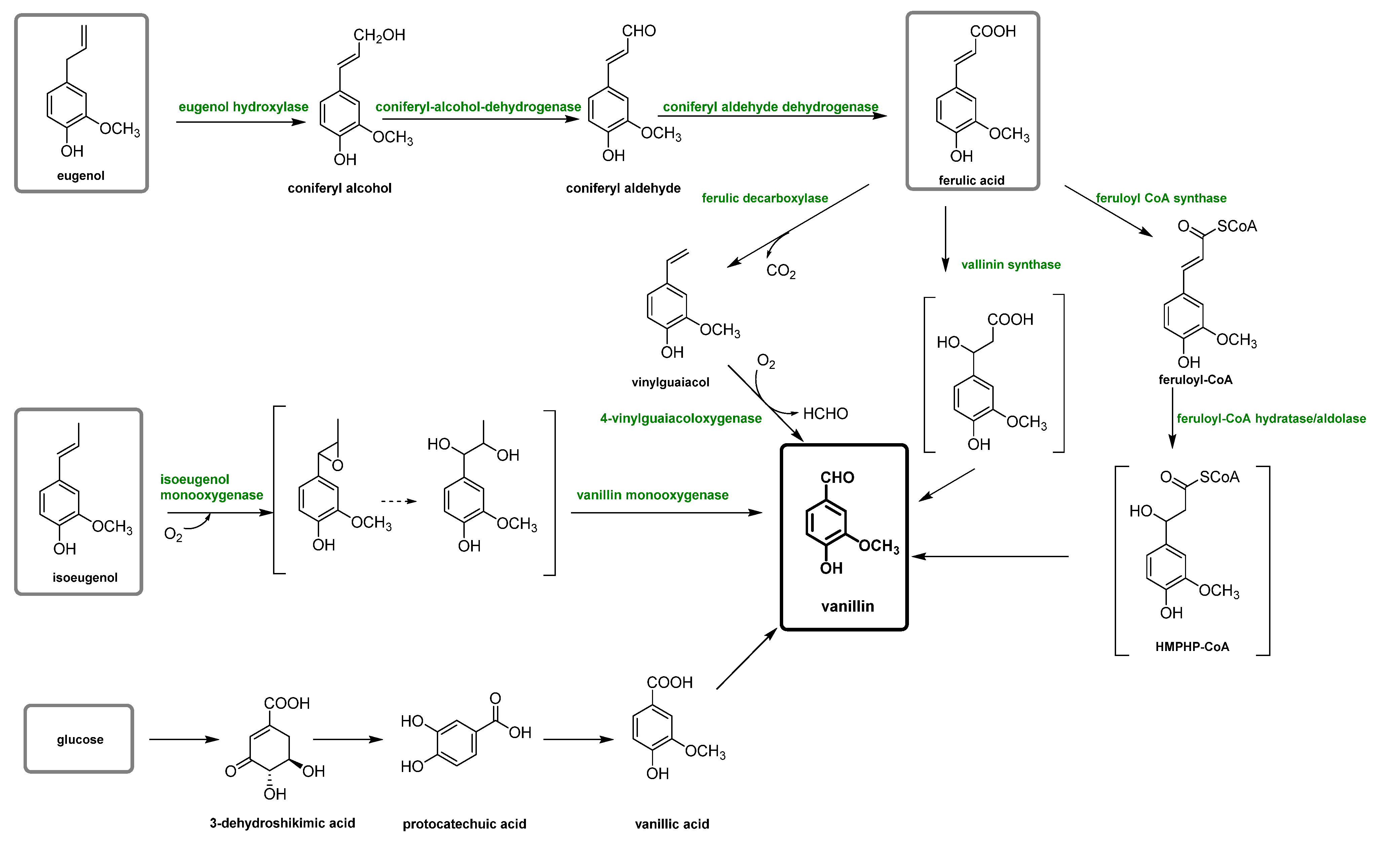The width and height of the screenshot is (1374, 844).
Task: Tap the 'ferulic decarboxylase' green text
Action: pos(765,198)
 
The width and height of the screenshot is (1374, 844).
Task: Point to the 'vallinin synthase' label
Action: pos(1011,265)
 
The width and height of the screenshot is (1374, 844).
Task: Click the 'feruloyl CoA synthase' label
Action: pos(1161,198)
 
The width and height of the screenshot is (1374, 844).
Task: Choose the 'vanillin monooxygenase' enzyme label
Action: pos(652,495)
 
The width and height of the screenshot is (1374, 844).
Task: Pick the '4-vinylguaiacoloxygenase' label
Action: pos(681,419)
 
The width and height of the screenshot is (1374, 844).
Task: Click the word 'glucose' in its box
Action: pos(80,740)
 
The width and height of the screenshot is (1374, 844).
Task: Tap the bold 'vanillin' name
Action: pos(847,606)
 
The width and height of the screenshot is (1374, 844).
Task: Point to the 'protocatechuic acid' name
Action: pos(464,824)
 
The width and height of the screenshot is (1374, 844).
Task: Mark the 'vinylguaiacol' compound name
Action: pos(670,382)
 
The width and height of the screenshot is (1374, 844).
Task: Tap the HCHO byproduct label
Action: pos(826,414)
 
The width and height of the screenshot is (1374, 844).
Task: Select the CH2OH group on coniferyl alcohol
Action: pos(380,35)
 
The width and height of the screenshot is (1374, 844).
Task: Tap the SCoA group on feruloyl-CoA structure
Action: pos(1237,226)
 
